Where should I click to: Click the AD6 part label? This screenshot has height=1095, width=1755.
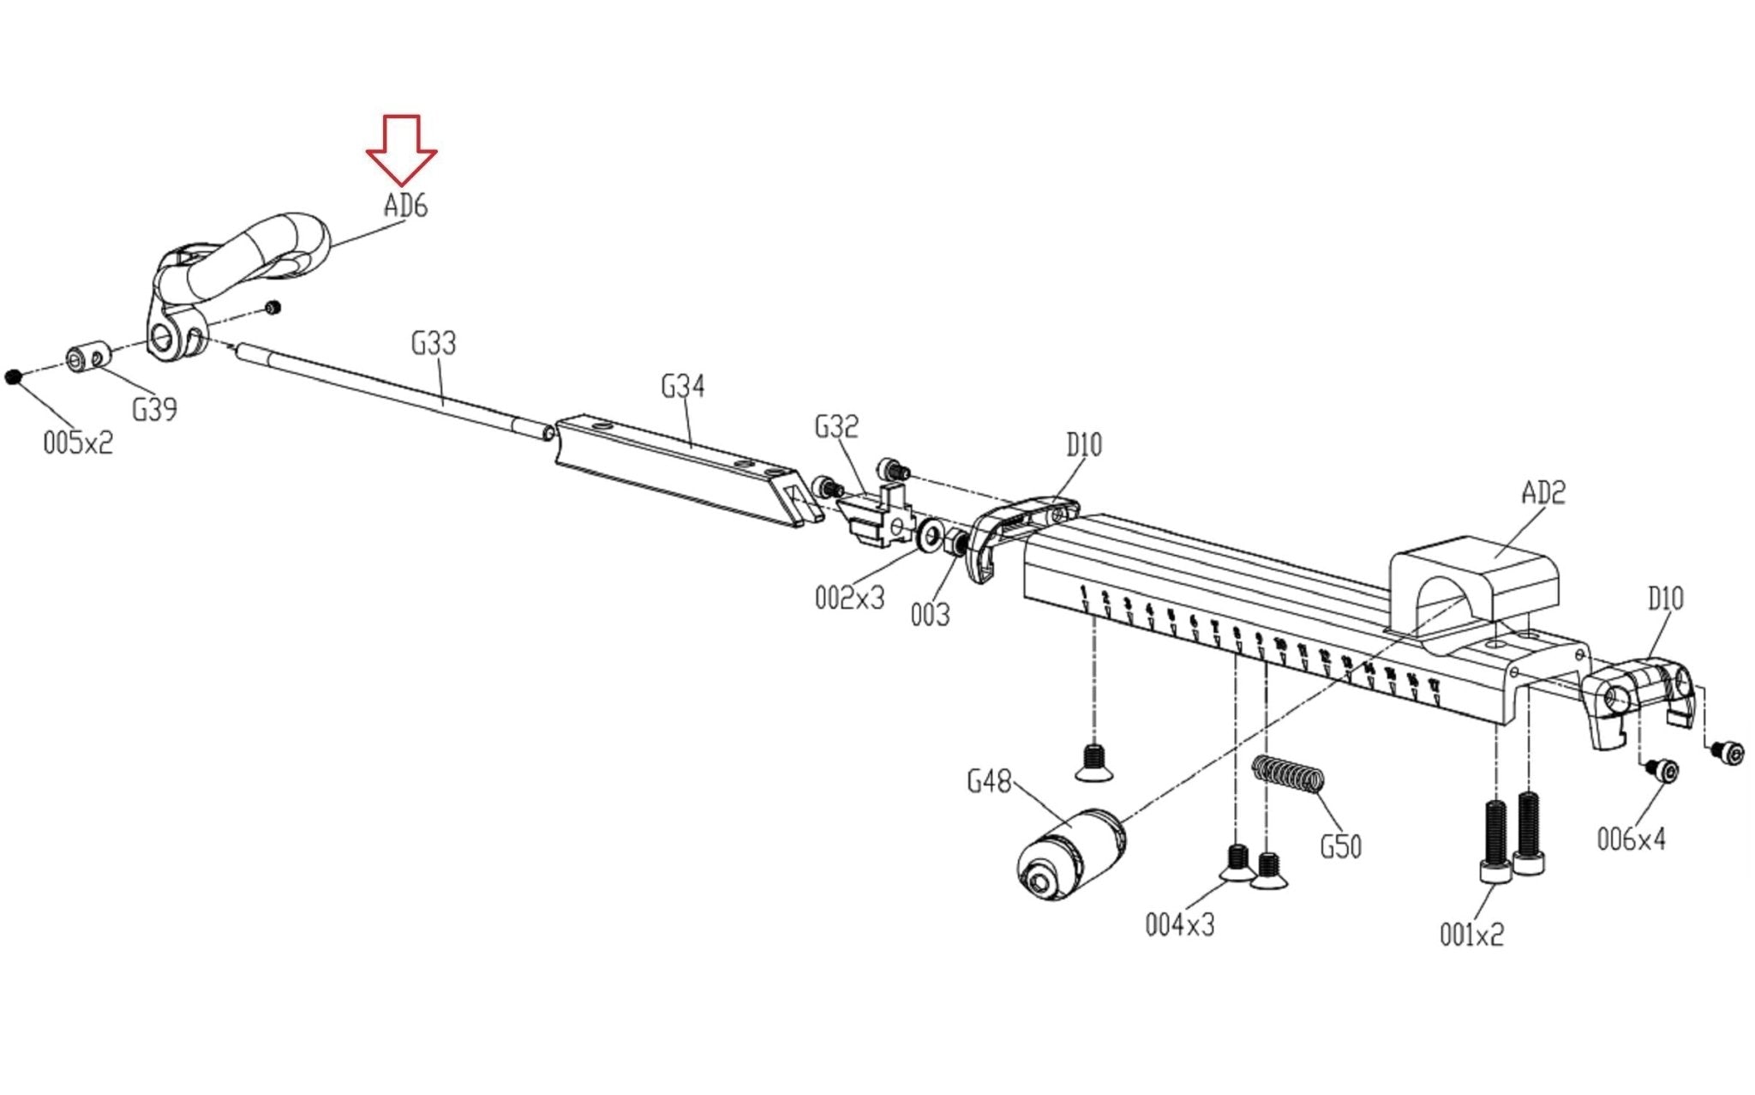(x=405, y=206)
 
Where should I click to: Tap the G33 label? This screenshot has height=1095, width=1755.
(x=434, y=344)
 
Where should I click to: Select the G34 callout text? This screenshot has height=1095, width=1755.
(x=683, y=387)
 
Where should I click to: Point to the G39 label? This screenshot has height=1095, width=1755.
(x=154, y=410)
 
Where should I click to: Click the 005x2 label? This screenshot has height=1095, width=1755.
(x=78, y=443)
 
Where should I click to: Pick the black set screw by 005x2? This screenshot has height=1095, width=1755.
(x=13, y=376)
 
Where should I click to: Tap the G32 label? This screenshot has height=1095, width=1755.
(x=836, y=427)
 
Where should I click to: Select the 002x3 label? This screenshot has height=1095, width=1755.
(x=849, y=598)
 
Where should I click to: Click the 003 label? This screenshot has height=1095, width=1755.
(x=930, y=615)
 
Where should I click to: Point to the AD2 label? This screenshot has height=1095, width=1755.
(x=1543, y=493)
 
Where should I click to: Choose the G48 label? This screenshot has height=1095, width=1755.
(x=989, y=782)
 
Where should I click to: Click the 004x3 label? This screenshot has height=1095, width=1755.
(x=1180, y=925)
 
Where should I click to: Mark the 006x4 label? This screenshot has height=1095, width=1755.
(x=1631, y=839)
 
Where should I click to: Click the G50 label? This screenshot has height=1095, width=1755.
(x=1341, y=847)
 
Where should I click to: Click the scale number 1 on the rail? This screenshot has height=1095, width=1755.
(x=1084, y=592)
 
